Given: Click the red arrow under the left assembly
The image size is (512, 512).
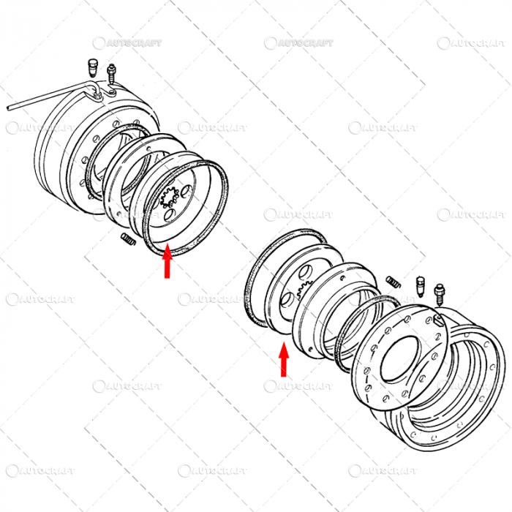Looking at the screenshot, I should pyautogui.click(x=167, y=263).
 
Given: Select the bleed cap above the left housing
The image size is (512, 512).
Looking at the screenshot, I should pyautogui.click(x=92, y=67).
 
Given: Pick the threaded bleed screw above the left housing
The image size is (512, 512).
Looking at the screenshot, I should pyautogui.click(x=111, y=73).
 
